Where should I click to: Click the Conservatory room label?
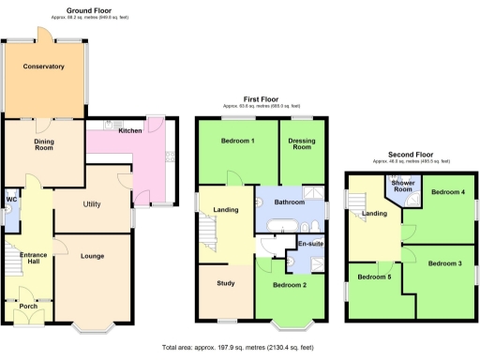point(44,67)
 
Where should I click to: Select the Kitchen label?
point(130,130)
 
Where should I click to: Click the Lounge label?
point(92,255)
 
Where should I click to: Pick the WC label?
point(11,199)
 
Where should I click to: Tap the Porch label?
point(27,306)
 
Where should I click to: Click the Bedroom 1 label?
point(238,141)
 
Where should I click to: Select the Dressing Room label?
point(302,144)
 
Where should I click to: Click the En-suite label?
point(310,244)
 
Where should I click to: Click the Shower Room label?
point(402,187)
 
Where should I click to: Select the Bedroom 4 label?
point(447,192)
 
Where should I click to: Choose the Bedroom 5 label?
point(374,277)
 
